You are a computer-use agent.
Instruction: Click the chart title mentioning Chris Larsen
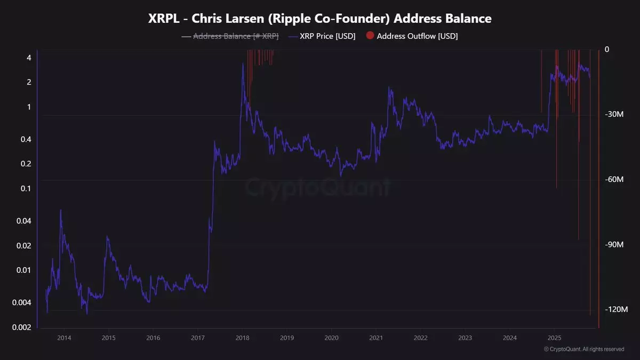point(319,18)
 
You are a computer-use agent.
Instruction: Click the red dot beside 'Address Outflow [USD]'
point(370,36)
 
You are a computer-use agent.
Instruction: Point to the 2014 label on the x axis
point(64,338)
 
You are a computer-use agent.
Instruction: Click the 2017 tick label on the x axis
point(198,338)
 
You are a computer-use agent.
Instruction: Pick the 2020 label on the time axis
point(331,338)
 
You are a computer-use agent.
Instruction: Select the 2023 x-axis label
point(465,338)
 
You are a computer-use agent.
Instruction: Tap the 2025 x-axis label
point(554,338)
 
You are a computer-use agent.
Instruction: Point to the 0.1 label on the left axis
point(26,188)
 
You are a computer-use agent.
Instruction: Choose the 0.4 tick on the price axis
point(26,139)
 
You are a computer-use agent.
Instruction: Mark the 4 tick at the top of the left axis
point(29,58)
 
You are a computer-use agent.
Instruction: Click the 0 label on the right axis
point(607,50)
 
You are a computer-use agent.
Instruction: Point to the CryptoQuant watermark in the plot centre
point(318,187)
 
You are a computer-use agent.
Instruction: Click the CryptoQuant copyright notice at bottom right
point(583,349)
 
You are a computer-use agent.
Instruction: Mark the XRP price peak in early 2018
point(243,63)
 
